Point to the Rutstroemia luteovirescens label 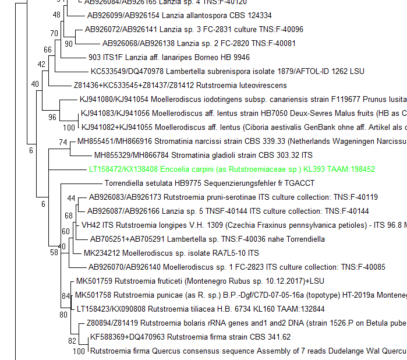click(157, 85)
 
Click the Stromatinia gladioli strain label click(203, 155)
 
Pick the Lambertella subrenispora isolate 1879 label click(227, 72)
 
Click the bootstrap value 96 click(52, 117)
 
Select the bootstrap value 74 click(63, 142)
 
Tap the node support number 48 click(56, 15)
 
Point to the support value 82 click(72, 341)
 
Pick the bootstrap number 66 click(48, 50)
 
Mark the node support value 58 click(54, 252)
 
